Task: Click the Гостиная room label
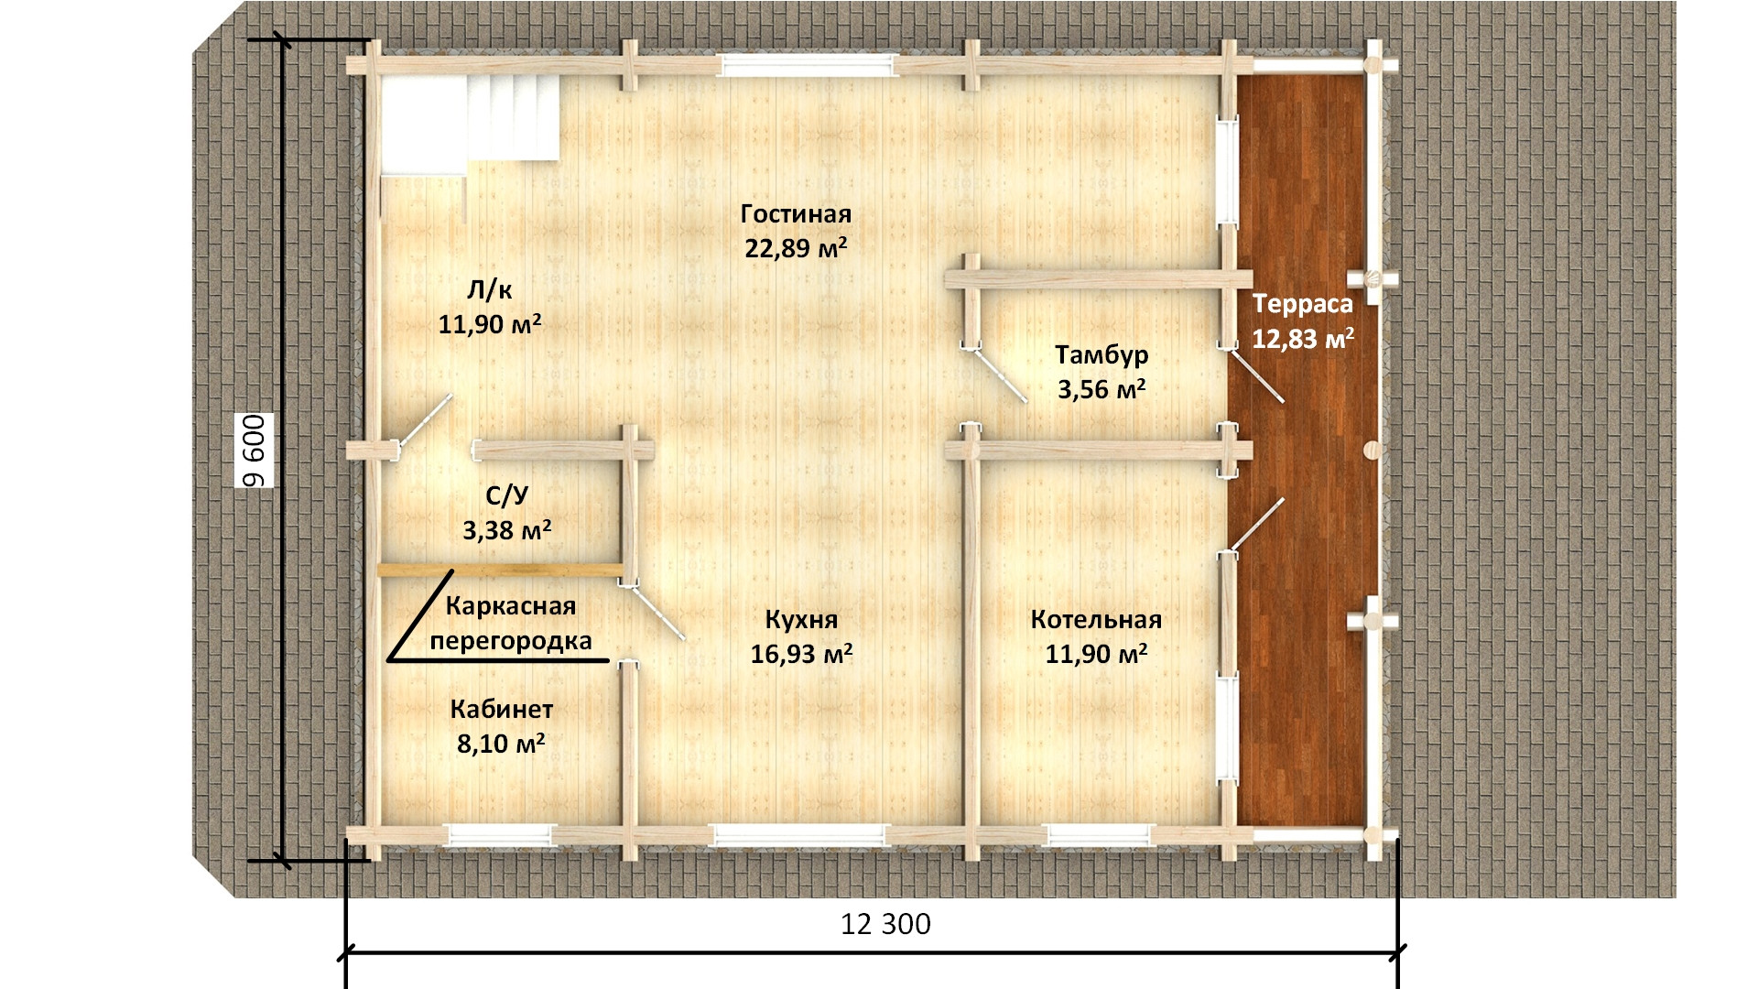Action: tap(796, 213)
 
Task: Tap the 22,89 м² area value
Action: tap(796, 248)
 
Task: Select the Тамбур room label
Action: tap(1101, 354)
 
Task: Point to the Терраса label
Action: tap(1303, 303)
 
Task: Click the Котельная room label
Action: tap(1096, 620)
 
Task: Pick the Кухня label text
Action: tap(801, 620)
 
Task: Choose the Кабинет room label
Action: tap(502, 710)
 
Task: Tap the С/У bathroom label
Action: tap(506, 495)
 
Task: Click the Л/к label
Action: tap(490, 290)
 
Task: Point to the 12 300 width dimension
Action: tap(885, 924)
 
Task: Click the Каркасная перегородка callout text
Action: tap(511, 624)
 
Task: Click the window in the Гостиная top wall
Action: tap(807, 66)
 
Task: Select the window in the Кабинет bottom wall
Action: tap(500, 834)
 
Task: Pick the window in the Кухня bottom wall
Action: tap(801, 834)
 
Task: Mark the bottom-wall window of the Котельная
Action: tap(1099, 834)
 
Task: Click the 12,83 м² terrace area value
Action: tap(1304, 339)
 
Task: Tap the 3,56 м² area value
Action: tap(1102, 389)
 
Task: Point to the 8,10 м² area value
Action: tap(501, 744)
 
